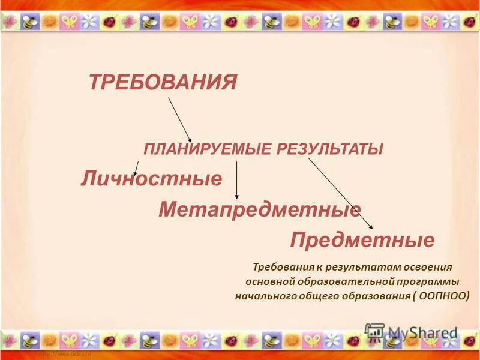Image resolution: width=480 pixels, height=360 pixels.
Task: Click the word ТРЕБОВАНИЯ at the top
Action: [x=163, y=82]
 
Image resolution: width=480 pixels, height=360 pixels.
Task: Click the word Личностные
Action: [x=151, y=178]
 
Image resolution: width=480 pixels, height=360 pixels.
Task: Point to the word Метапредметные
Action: [x=259, y=210]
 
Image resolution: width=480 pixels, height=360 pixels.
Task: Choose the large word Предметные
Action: [x=362, y=241]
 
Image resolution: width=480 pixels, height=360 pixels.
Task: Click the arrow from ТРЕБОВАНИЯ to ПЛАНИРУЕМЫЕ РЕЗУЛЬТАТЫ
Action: [x=179, y=119]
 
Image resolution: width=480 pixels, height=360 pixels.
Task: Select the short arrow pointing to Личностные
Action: [x=136, y=168]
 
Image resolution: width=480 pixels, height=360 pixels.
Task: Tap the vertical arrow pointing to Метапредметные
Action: [x=237, y=179]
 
